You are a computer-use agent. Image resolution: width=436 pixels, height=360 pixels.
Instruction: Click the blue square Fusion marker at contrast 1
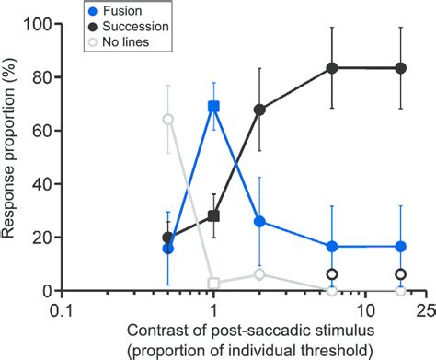click(x=214, y=107)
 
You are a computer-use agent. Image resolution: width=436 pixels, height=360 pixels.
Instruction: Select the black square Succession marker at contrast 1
click(x=214, y=215)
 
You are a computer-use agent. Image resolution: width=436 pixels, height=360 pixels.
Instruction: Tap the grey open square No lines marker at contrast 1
click(x=214, y=283)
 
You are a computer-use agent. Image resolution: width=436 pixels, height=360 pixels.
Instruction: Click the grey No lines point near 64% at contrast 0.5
click(x=168, y=119)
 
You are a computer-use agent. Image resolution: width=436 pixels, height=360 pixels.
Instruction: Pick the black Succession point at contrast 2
click(x=260, y=110)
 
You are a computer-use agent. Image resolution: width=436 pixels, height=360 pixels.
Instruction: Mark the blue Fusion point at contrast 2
click(x=260, y=221)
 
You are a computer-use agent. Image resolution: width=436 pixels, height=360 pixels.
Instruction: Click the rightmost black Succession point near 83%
click(x=400, y=68)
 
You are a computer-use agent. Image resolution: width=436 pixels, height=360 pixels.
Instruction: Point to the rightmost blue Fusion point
click(x=400, y=246)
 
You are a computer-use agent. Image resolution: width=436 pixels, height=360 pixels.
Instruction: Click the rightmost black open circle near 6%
click(x=400, y=274)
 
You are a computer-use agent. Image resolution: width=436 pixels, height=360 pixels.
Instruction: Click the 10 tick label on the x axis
click(x=367, y=308)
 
